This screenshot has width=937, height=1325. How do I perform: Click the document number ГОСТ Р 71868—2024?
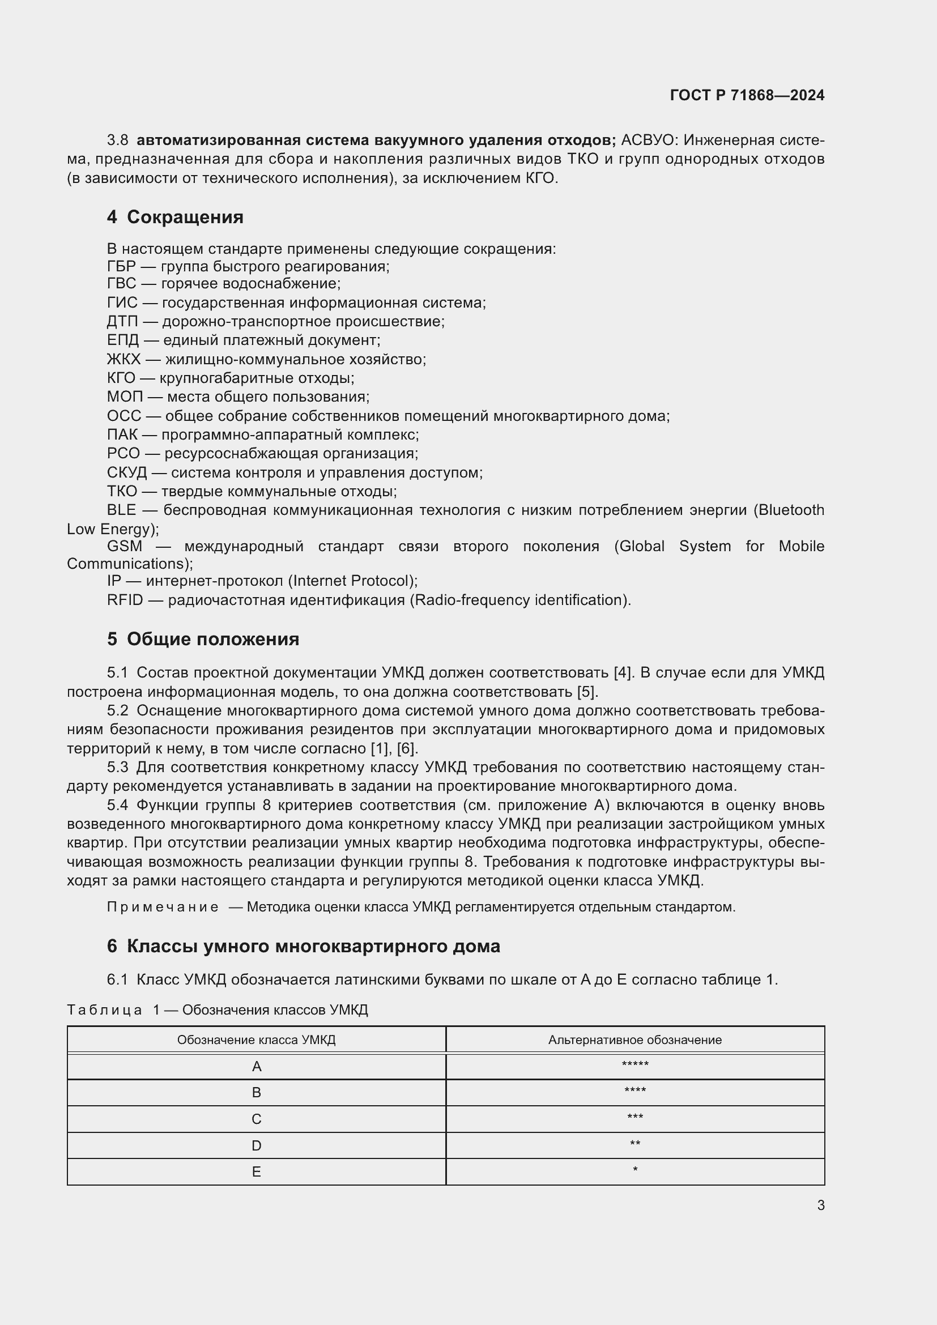click(747, 95)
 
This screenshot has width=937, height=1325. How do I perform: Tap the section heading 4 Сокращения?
click(175, 217)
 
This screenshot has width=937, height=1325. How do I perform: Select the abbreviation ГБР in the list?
click(121, 267)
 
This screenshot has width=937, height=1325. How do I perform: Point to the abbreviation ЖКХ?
click(123, 360)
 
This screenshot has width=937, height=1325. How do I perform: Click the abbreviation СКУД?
click(127, 472)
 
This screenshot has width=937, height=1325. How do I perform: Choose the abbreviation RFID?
click(125, 600)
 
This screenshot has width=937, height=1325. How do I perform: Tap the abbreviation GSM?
click(124, 546)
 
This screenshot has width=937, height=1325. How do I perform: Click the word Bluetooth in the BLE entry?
click(791, 510)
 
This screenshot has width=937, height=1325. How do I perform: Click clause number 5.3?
click(118, 768)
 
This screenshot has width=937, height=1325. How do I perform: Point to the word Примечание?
click(163, 907)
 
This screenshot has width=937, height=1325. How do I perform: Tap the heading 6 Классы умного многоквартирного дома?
click(304, 947)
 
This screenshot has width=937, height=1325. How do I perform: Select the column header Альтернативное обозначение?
click(634, 1040)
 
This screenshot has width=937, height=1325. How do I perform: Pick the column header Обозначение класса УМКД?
click(256, 1040)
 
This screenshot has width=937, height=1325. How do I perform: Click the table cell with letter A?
click(257, 1067)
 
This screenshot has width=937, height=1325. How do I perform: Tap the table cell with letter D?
click(257, 1145)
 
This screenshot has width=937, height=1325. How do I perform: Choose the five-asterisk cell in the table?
click(634, 1066)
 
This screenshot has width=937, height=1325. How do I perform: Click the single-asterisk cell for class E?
click(634, 1171)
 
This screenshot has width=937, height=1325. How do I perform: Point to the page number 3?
click(820, 1205)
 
